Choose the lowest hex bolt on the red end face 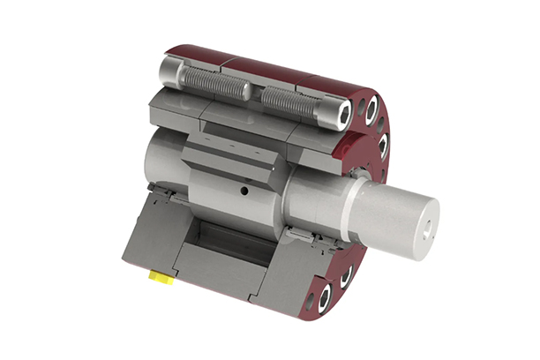coord(322,297)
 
